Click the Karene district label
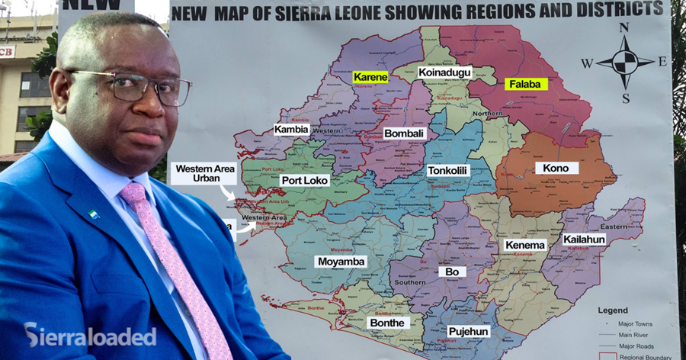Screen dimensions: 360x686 370,77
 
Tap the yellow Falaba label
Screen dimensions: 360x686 526,84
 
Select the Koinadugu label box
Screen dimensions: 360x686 445,73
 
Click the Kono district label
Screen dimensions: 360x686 556,168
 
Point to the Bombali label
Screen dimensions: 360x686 403,133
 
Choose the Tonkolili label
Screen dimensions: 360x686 447,171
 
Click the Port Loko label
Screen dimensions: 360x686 305,181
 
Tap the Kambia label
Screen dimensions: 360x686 292,130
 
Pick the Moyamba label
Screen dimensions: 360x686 341,262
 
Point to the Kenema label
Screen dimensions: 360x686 525,245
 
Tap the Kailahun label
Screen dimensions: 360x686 585,239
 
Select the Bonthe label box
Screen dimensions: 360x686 387,323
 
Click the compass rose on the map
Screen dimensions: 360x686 625,63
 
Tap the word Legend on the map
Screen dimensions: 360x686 613,310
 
